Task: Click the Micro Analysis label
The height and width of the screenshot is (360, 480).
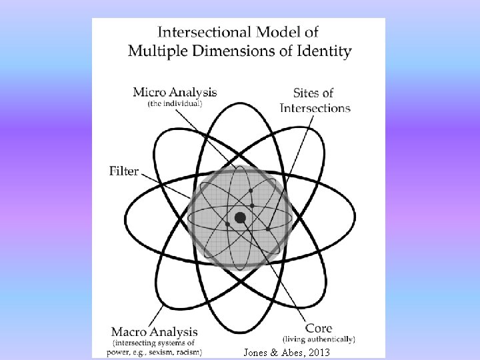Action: click(x=175, y=92)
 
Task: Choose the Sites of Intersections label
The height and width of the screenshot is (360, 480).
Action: click(x=315, y=100)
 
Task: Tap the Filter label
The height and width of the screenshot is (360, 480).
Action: click(x=124, y=171)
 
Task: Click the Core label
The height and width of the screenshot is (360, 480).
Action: click(x=319, y=328)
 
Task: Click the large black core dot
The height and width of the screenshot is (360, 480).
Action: click(x=240, y=217)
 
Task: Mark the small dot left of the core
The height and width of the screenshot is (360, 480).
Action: click(x=227, y=225)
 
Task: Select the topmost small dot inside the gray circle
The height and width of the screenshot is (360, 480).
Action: click(x=251, y=190)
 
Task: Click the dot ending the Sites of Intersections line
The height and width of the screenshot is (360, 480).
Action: click(x=268, y=229)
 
